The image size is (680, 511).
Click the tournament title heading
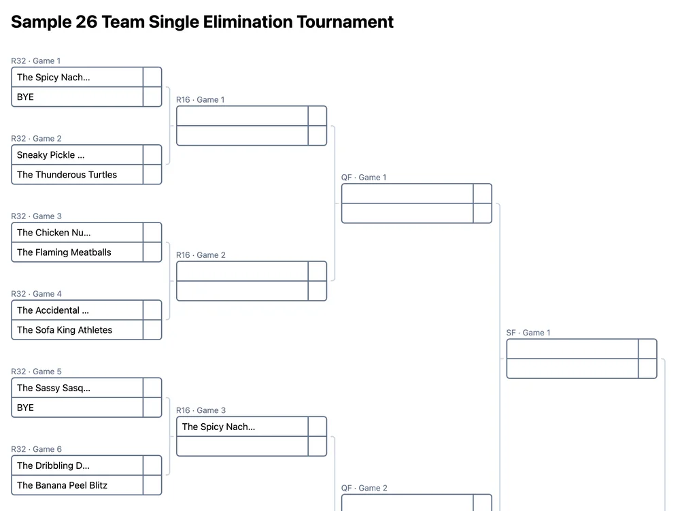click(202, 22)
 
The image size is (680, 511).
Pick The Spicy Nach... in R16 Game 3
click(242, 427)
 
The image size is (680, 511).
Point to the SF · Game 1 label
click(528, 333)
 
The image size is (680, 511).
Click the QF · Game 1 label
click(364, 178)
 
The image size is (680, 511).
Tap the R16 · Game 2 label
click(201, 255)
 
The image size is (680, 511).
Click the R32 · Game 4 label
click(36, 294)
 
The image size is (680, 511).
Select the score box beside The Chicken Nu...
click(152, 233)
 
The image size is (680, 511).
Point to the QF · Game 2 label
click(364, 488)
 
